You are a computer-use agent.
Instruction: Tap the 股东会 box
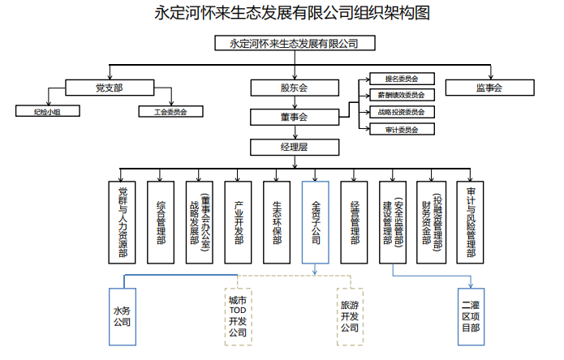tap(293, 88)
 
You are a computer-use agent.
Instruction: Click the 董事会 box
tap(293, 118)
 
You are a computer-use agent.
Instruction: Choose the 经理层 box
tap(293, 147)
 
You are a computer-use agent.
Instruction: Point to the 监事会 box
tap(489, 88)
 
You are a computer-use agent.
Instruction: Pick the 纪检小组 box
tap(47, 112)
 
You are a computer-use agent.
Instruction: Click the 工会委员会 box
tap(170, 112)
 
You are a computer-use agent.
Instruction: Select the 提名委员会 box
tap(401, 79)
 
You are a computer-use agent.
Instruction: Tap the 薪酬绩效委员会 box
tap(401, 96)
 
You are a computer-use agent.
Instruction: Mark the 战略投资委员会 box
tap(401, 112)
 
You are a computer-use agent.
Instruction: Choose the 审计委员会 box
tap(401, 129)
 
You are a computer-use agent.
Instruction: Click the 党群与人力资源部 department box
tap(123, 221)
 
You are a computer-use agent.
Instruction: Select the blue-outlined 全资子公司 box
tap(315, 221)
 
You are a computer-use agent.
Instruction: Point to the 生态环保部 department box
tap(276, 221)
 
